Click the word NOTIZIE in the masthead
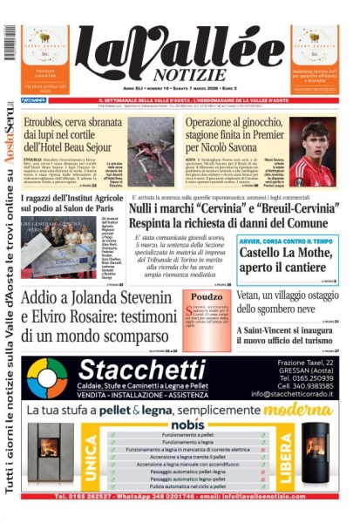point(185,76)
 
